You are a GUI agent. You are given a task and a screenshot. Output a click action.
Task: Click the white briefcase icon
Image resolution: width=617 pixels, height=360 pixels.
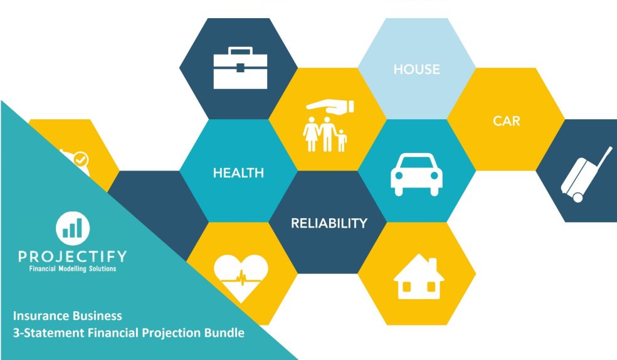tap(240, 68)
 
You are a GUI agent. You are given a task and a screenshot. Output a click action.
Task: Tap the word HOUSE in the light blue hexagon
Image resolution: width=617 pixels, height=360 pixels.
tap(416, 69)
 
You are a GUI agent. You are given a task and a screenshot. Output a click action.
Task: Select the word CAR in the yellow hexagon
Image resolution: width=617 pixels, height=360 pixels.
tap(506, 120)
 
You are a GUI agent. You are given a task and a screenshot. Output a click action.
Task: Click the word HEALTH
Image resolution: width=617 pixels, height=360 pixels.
tap(238, 172)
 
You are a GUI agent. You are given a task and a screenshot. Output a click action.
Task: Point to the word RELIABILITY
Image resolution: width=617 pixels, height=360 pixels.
tap(329, 223)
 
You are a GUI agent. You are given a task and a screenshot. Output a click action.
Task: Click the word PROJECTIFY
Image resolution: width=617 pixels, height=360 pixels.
tap(72, 257)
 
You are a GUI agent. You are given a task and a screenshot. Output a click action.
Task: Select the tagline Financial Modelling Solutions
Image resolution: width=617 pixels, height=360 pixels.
tap(72, 268)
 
